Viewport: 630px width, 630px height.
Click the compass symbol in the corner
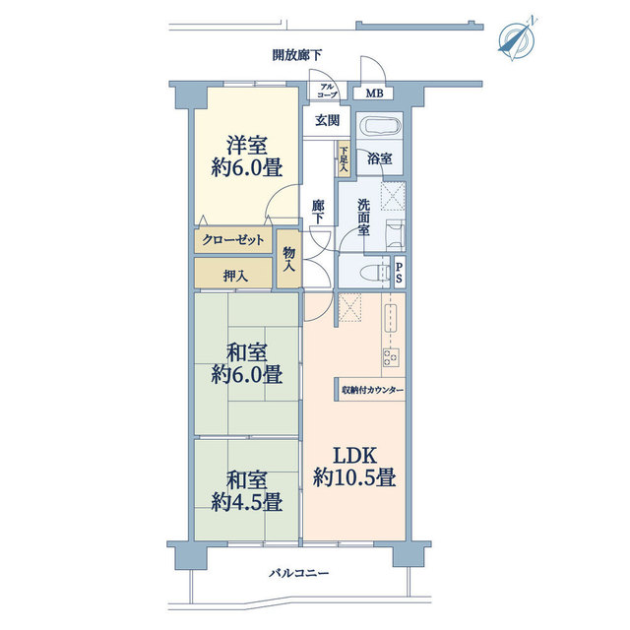pyautogui.click(x=517, y=36)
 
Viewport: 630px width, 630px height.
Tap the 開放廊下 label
pyautogui.click(x=298, y=55)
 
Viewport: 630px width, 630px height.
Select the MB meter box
pyautogui.click(x=373, y=94)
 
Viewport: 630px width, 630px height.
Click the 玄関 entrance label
pyautogui.click(x=327, y=121)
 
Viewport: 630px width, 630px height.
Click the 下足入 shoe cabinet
pyautogui.click(x=344, y=161)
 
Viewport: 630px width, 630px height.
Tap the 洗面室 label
pyautogui.click(x=363, y=217)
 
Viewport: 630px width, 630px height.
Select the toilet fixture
pyautogui.click(x=372, y=270)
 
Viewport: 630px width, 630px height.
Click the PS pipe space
pyautogui.click(x=399, y=272)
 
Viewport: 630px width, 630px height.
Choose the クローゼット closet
pyautogui.click(x=233, y=240)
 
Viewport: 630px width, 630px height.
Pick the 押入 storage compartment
pyautogui.click(x=234, y=276)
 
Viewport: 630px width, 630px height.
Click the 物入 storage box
pyautogui.click(x=289, y=259)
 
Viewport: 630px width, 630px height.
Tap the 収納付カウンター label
pyautogui.click(x=373, y=391)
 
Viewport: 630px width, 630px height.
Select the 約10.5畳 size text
pyautogui.click(x=354, y=479)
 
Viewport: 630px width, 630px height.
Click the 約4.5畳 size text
pyautogui.click(x=247, y=502)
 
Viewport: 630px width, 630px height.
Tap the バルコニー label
pyautogui.click(x=298, y=573)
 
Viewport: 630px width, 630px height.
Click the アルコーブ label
pyautogui.click(x=327, y=91)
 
